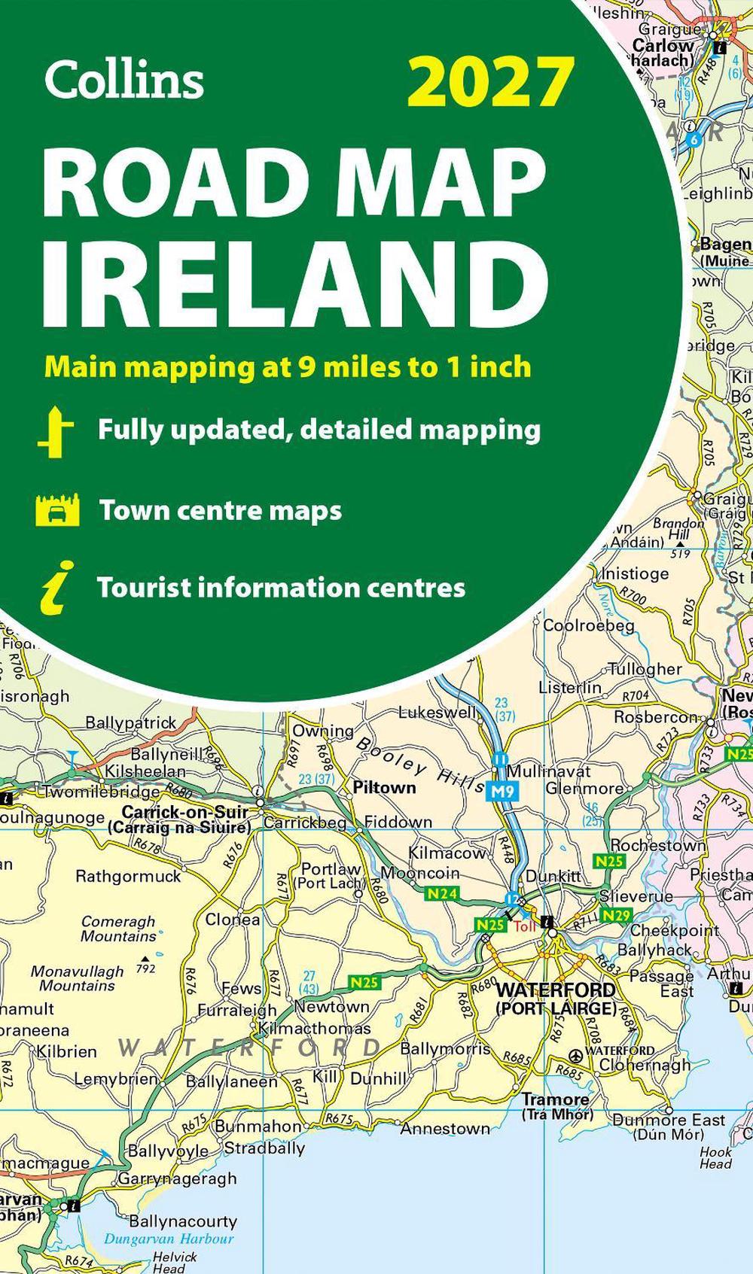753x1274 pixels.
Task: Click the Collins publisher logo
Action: pyautogui.click(x=124, y=79)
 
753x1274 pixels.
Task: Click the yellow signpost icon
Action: pyautogui.click(x=56, y=432)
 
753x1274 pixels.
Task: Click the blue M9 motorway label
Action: pyautogui.click(x=499, y=791)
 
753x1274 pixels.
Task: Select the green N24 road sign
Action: pyautogui.click(x=442, y=893)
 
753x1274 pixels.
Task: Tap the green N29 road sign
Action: pyautogui.click(x=617, y=915)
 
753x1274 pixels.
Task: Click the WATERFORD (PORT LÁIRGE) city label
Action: pyautogui.click(x=556, y=998)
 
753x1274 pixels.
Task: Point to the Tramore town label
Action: pyautogui.click(x=556, y=1099)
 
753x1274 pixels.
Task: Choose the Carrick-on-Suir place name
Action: pyautogui.click(x=184, y=812)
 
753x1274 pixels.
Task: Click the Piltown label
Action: pyautogui.click(x=384, y=787)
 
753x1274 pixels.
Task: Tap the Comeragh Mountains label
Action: pyautogui.click(x=118, y=929)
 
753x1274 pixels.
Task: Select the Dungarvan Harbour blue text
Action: pyautogui.click(x=169, y=1239)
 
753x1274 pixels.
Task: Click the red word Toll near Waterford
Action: pyautogui.click(x=525, y=926)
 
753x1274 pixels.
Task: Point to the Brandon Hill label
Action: pyautogui.click(x=678, y=528)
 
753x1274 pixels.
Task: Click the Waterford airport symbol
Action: pyautogui.click(x=576, y=1054)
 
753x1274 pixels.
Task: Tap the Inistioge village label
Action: pyautogui.click(x=634, y=573)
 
